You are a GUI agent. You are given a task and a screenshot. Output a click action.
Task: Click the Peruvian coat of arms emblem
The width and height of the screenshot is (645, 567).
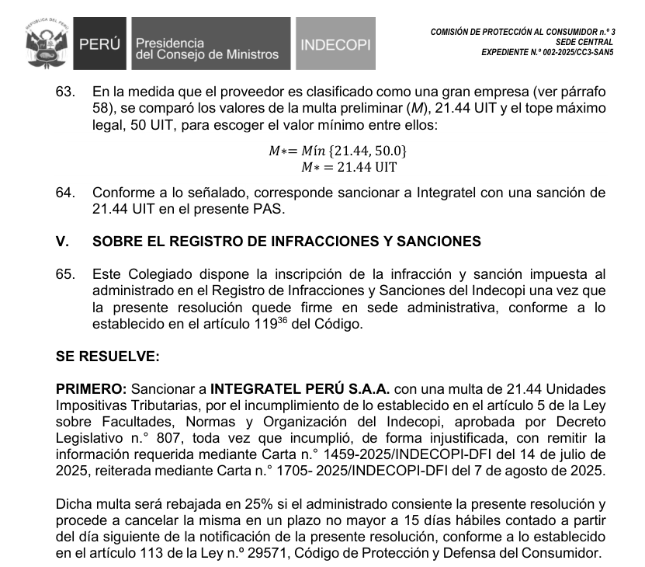coord(43,45)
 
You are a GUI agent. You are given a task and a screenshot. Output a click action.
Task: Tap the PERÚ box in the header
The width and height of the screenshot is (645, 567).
coord(99,46)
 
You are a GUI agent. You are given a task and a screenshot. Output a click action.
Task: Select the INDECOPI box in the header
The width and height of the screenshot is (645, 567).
coord(335,46)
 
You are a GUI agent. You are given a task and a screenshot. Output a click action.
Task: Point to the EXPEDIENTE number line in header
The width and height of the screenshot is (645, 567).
coord(547,52)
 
